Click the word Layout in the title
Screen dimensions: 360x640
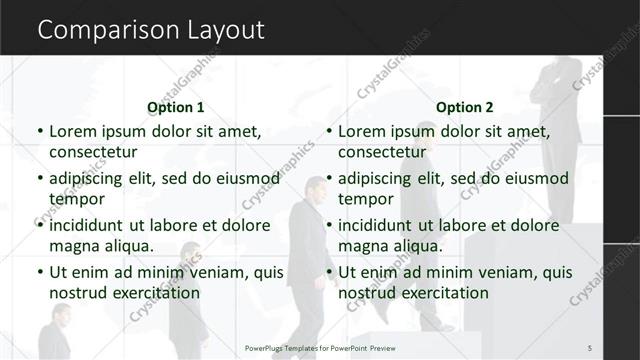pos(226,31)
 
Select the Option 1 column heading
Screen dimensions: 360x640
pos(176,107)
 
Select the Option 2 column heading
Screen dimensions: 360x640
pos(465,107)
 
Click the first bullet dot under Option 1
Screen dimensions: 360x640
pos(39,132)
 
